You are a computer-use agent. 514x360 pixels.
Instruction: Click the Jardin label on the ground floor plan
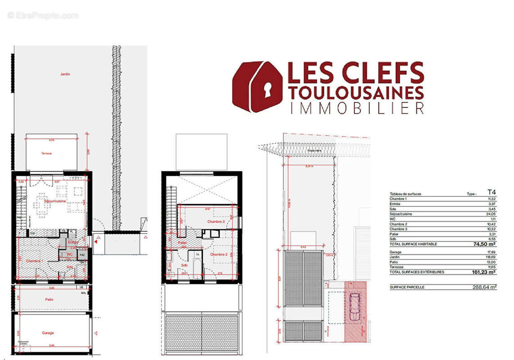click(x=65, y=74)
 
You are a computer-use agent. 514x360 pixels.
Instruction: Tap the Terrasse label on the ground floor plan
click(x=46, y=153)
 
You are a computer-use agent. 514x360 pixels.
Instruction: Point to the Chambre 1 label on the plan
click(x=34, y=261)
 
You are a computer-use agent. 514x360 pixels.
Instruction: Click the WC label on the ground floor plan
click(x=70, y=255)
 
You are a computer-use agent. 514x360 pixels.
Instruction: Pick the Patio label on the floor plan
click(x=49, y=299)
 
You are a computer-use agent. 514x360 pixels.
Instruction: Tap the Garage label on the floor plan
click(x=48, y=333)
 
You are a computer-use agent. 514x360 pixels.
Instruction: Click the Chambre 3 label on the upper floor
click(x=216, y=222)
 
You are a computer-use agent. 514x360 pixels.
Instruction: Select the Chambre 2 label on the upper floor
click(x=219, y=254)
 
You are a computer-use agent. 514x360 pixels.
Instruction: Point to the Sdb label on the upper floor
click(x=184, y=265)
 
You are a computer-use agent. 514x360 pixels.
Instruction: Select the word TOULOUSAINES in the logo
click(x=356, y=93)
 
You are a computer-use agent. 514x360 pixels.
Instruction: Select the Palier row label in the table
click(x=395, y=234)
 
